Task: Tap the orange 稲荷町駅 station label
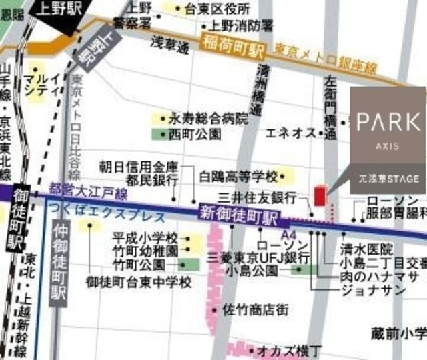click(232, 49)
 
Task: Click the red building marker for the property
click(319, 198)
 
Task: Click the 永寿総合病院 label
click(207, 119)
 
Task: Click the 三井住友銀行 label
click(266, 198)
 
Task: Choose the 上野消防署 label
click(240, 25)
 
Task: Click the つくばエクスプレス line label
click(107, 216)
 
